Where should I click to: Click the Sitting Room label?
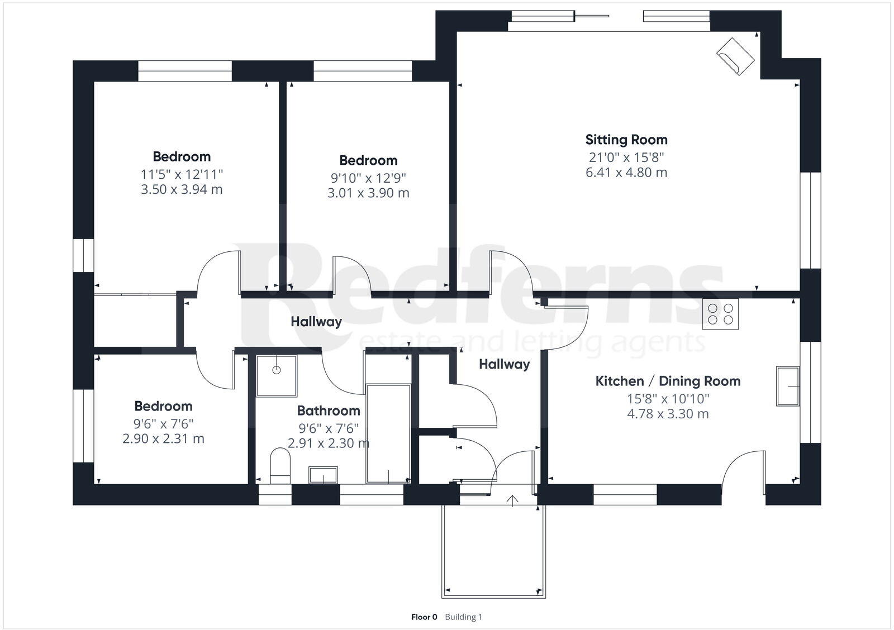coord(626,140)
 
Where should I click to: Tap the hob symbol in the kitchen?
coord(720,314)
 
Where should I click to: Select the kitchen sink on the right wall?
coord(788,386)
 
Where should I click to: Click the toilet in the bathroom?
coord(280,466)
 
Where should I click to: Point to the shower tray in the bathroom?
coord(277,376)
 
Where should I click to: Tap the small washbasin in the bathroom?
coord(323,475)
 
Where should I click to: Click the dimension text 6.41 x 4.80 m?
coord(626,172)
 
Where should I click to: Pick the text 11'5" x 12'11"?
coord(182,174)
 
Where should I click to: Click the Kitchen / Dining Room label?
coord(668,381)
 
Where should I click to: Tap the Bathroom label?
coord(328,411)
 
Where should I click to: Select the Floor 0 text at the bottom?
coord(424,617)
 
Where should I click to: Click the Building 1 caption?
coord(463,617)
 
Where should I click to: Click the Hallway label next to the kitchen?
coord(504,365)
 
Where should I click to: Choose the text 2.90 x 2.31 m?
coord(163,439)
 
